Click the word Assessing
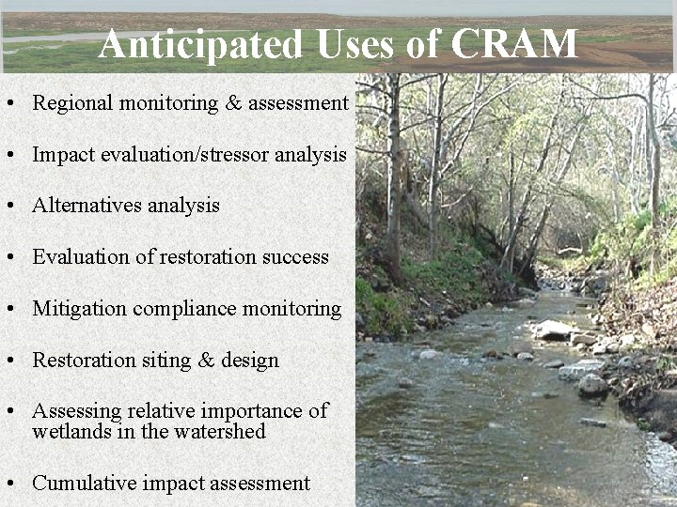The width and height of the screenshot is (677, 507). point(73,411)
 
